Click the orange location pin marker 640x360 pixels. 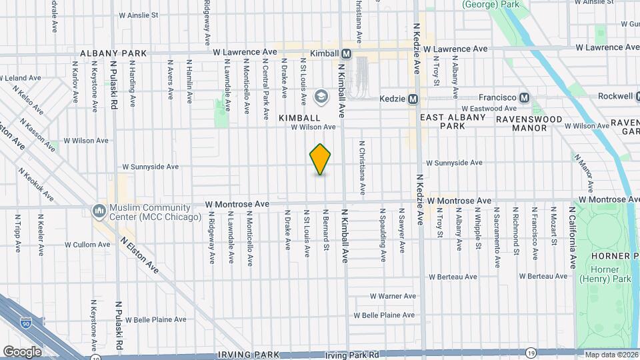(320, 159)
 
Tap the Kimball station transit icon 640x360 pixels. (347, 53)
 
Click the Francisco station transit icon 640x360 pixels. (524, 97)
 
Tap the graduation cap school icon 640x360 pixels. (321, 97)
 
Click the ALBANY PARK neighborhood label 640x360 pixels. (108, 53)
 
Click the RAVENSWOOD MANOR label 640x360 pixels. (529, 123)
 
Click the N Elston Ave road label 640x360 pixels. (141, 254)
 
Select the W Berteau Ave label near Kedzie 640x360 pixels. (453, 277)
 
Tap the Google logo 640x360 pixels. (23, 351)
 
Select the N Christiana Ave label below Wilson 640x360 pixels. (362, 167)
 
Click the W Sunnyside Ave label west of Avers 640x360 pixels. (151, 167)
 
